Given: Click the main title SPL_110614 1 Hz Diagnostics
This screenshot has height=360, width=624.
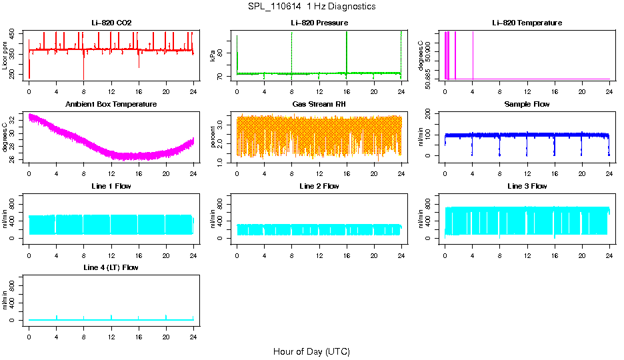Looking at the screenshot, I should (x=311, y=7).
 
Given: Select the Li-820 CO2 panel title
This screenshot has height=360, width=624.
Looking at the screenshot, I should (x=111, y=23).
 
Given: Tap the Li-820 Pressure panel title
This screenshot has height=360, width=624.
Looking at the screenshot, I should (x=319, y=23).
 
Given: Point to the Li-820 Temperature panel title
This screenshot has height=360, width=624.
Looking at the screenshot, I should (x=527, y=23).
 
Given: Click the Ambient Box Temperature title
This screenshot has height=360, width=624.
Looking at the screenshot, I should (x=111, y=105).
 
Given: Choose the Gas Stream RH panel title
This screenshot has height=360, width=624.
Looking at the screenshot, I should (x=319, y=105).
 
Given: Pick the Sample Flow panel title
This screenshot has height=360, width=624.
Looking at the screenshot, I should (x=527, y=105).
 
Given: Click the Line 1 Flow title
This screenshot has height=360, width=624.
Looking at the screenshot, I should (x=111, y=186).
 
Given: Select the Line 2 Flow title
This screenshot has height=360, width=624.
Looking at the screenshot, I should (x=319, y=186).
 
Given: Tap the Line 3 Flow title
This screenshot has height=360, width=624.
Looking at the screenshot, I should (x=527, y=186).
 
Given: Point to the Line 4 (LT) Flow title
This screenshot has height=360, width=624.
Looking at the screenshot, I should (x=111, y=267).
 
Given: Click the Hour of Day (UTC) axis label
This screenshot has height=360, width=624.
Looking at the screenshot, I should (x=311, y=351).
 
